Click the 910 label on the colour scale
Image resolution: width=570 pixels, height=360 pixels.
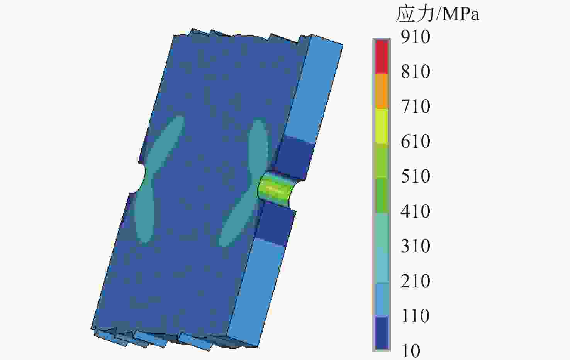pos(416,37)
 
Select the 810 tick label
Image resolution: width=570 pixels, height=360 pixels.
pos(416,71)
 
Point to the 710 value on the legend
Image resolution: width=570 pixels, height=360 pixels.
pos(416,106)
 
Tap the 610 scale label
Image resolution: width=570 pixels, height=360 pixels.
pos(416,141)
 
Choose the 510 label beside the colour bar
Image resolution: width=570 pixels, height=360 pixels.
pos(416,176)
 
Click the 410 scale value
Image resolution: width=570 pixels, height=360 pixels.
pos(416,211)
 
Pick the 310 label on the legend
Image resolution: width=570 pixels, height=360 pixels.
pos(416,246)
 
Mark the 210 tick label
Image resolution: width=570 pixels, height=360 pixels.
pos(416,281)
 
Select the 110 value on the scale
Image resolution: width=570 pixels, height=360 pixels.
pos(416,316)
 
